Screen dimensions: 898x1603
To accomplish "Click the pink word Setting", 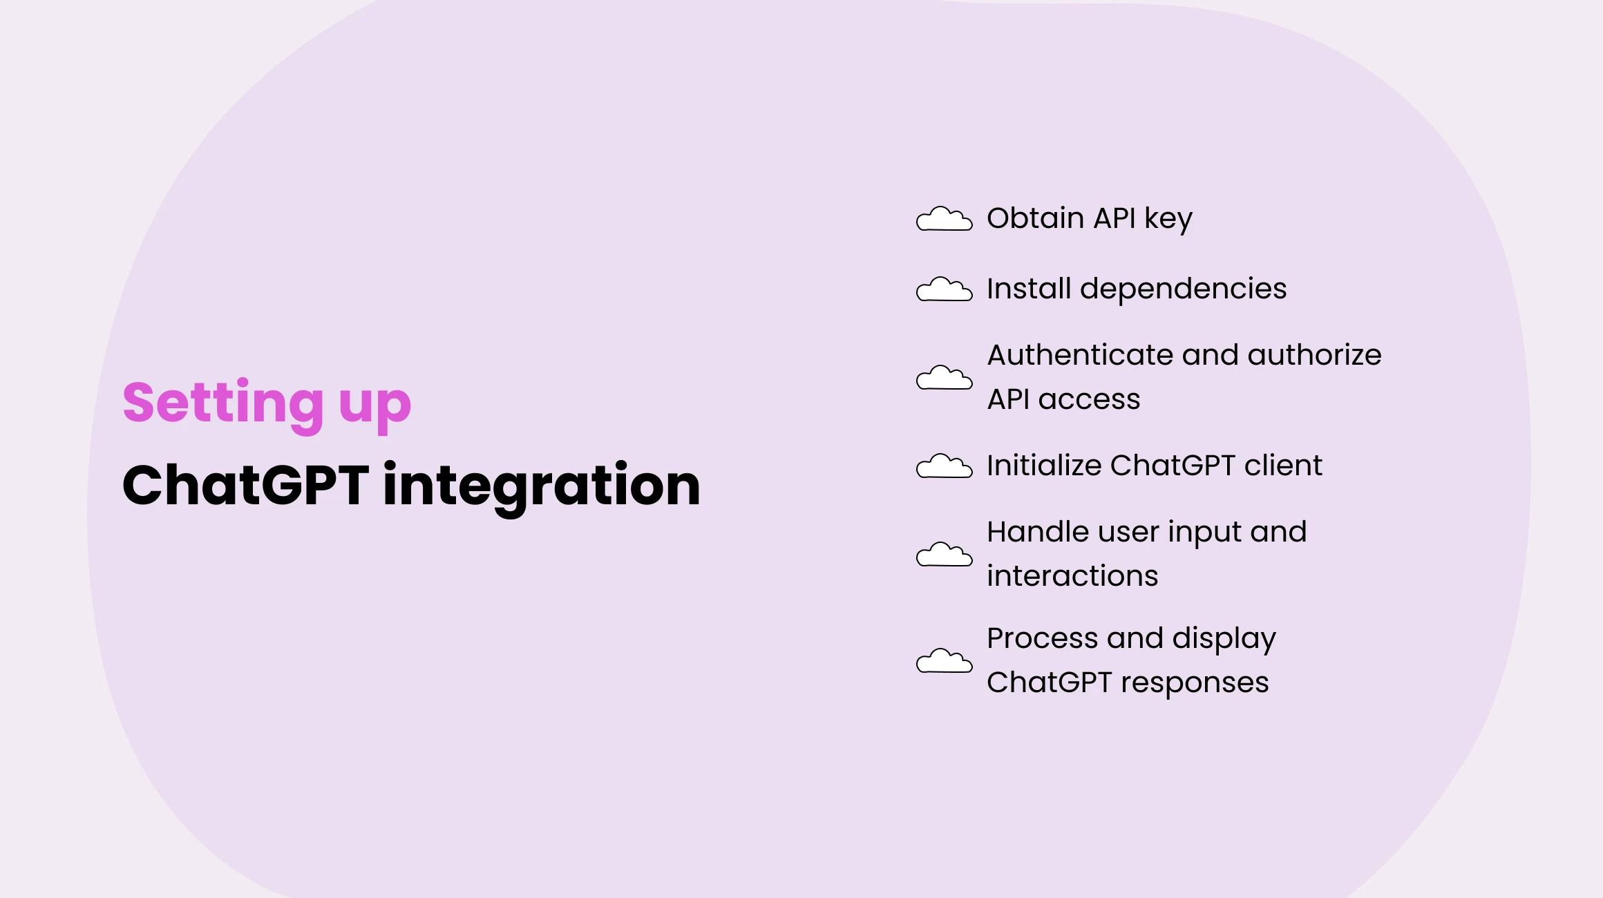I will (222, 403).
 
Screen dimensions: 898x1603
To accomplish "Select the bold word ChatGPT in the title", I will (245, 485).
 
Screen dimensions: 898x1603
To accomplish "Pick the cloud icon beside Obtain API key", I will (944, 219).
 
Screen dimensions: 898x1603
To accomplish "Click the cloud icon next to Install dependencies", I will (944, 289).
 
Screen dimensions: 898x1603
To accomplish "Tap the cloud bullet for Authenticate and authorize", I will (944, 378).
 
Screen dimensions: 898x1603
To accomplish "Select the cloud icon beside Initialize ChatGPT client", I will (944, 466).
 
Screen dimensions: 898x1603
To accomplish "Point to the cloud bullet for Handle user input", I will (944, 555).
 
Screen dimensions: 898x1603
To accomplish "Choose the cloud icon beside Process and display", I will (944, 661).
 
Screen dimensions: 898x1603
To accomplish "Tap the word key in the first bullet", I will (1168, 220).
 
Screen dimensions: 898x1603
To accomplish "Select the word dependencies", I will (1183, 289).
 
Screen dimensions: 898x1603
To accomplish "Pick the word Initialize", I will (1044, 466).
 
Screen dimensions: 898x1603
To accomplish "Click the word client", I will (1283, 466).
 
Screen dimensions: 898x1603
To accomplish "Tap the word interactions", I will (1072, 576).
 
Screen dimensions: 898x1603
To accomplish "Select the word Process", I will (1042, 638).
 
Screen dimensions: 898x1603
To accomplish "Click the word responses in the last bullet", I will (1195, 683).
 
